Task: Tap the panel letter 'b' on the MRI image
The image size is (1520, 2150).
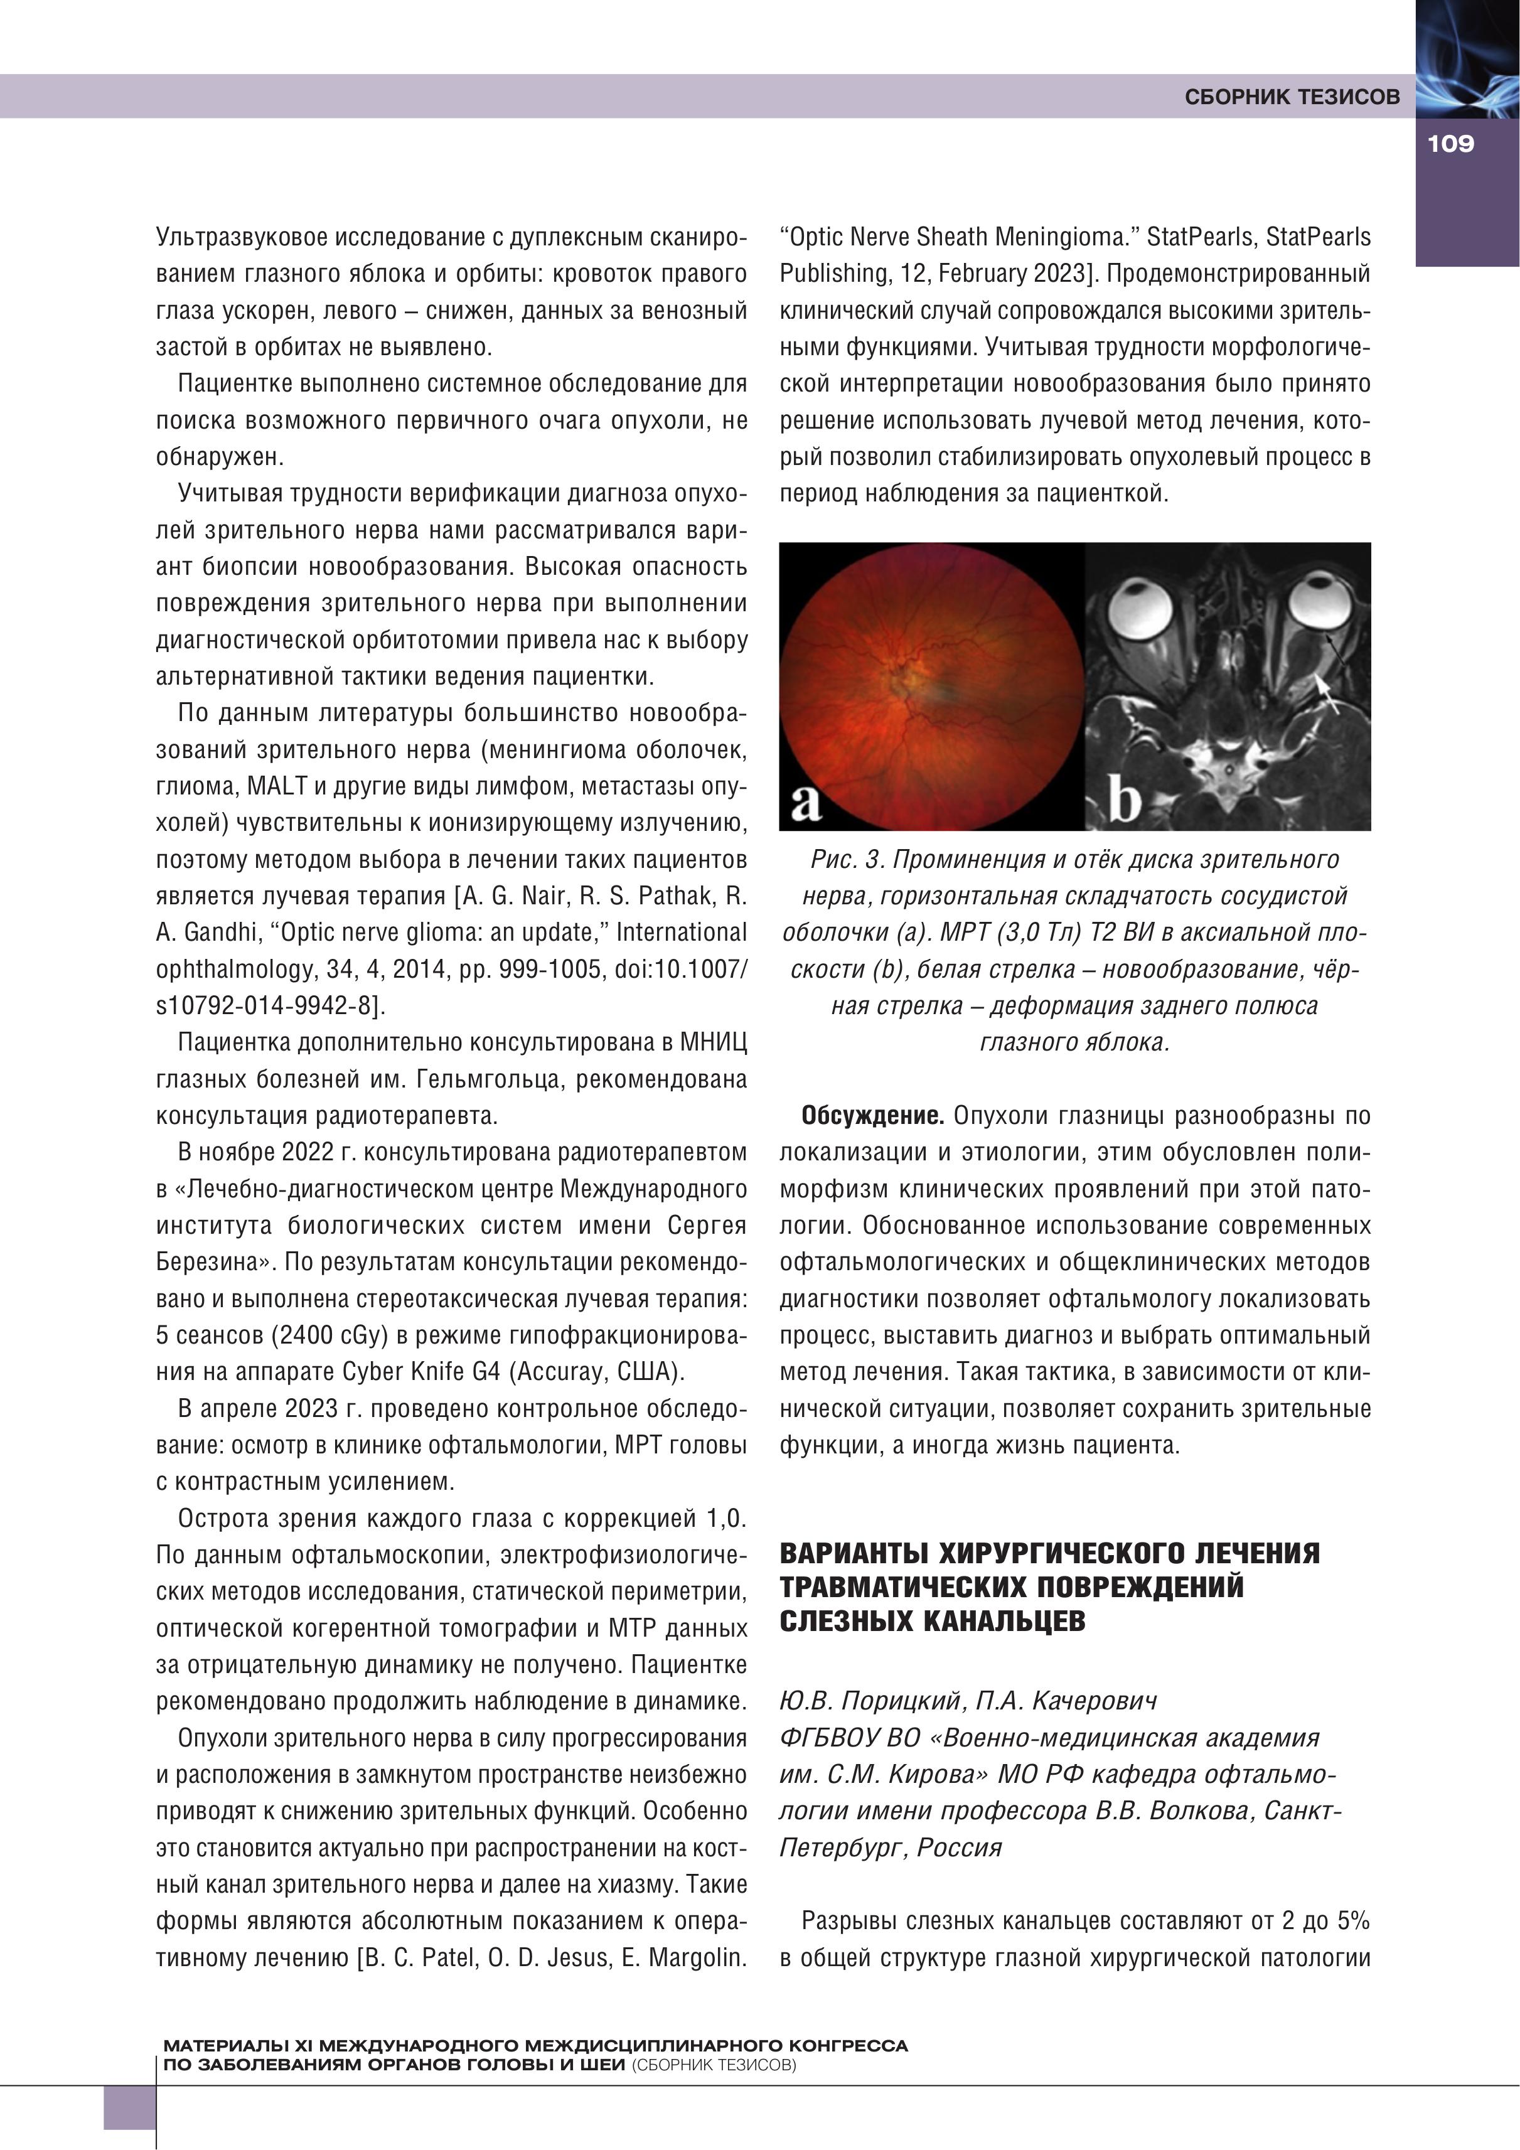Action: pos(1124,801)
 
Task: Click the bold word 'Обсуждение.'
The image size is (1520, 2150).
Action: pos(872,1116)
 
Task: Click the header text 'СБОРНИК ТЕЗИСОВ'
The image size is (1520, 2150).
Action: pos(1292,97)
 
